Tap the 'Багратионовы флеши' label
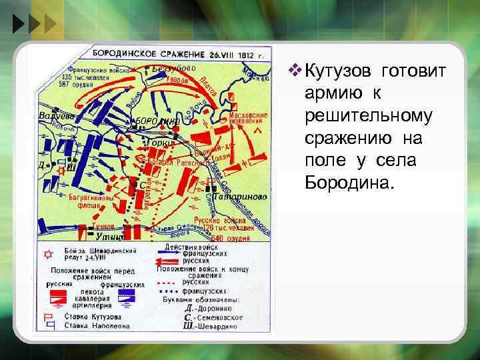90,200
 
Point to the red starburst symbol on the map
62,171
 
